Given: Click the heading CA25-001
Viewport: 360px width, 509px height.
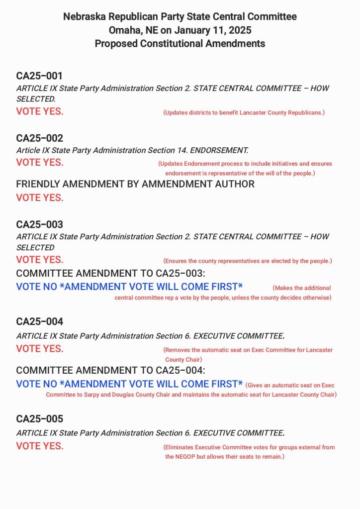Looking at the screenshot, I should click(39, 76).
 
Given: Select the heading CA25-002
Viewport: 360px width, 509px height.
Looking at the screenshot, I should click(39, 138).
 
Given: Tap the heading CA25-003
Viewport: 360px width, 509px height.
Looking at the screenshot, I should click(39, 224).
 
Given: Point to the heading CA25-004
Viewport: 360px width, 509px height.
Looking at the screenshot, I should click(39, 321).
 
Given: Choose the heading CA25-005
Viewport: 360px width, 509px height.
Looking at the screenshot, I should click(39, 418).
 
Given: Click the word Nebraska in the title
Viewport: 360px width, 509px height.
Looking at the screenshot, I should click(83, 16).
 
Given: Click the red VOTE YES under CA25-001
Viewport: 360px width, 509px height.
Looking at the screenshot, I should click(40, 111).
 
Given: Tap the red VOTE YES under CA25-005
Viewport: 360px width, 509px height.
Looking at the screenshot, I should click(40, 446).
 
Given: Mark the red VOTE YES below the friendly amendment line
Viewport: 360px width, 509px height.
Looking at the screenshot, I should click(40, 198).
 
